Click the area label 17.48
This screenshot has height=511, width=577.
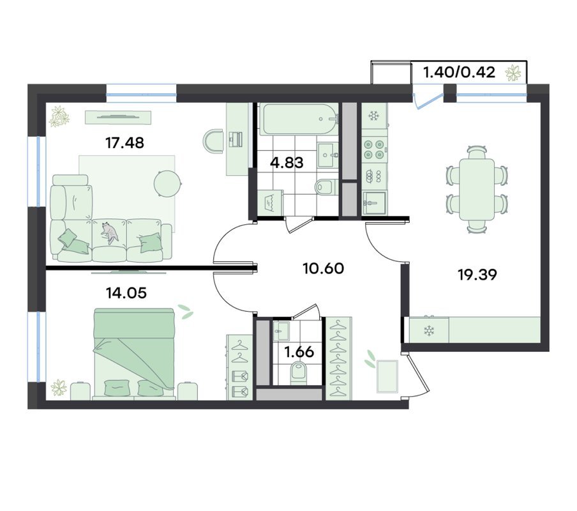pos(124,143)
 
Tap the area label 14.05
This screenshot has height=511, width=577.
pos(126,293)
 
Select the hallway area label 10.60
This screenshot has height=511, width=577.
pos(324,268)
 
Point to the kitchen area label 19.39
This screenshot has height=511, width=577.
pos(477,275)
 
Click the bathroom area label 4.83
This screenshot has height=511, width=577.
pos(287,162)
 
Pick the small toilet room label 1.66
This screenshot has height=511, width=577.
pos(299,353)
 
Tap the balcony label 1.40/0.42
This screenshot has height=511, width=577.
pos(460,72)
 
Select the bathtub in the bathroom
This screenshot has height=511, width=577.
pos(299,119)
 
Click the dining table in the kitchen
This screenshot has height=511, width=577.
pos(477,189)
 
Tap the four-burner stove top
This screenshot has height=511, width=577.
pos(375,149)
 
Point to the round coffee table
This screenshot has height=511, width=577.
pos(167,183)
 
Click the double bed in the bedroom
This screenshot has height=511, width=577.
pos(134,353)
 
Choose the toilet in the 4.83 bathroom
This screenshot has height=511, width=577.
pos(326,187)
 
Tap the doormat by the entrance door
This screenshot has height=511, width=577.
pos(387,376)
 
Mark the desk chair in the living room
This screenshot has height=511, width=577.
pos(213,141)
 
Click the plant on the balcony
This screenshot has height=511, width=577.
pos(513,73)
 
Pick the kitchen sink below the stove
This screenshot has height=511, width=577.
pos(374,203)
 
